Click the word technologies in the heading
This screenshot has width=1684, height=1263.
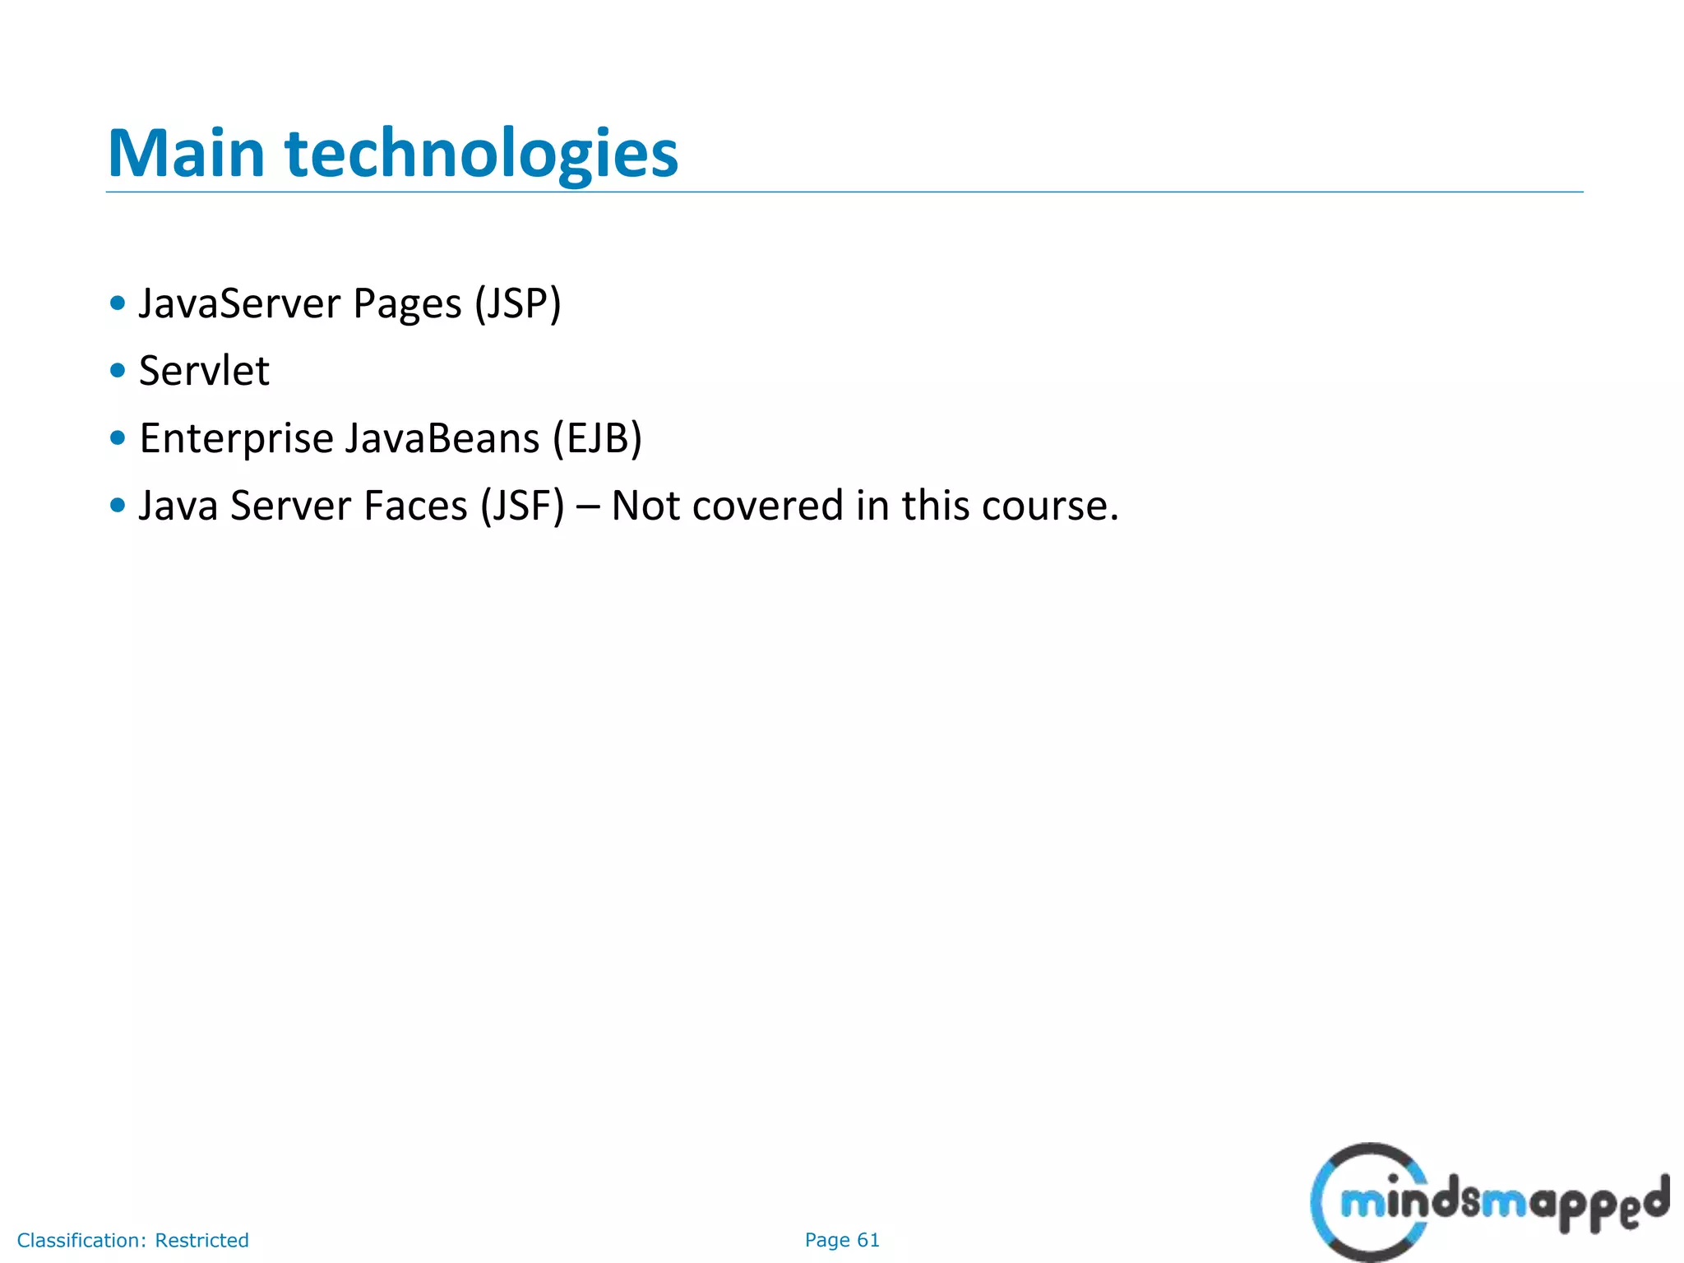[x=482, y=155]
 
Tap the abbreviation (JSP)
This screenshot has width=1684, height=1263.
[x=518, y=303]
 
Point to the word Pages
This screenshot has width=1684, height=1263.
[x=407, y=305]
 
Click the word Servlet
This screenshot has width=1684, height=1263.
[x=204, y=371]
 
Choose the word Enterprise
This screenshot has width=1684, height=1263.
[x=235, y=438]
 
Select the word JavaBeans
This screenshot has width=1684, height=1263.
[x=442, y=438]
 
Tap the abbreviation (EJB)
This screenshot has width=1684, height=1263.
[x=597, y=438]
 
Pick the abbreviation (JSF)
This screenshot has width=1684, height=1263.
[x=523, y=506]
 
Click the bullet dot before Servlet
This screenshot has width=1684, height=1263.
[x=118, y=371]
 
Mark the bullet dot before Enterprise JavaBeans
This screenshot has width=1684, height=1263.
[x=118, y=438]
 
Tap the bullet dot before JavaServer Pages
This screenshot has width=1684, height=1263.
[x=118, y=303]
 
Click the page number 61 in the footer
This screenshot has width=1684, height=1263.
[x=868, y=1240]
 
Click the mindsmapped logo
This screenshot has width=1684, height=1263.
[x=1488, y=1201]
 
